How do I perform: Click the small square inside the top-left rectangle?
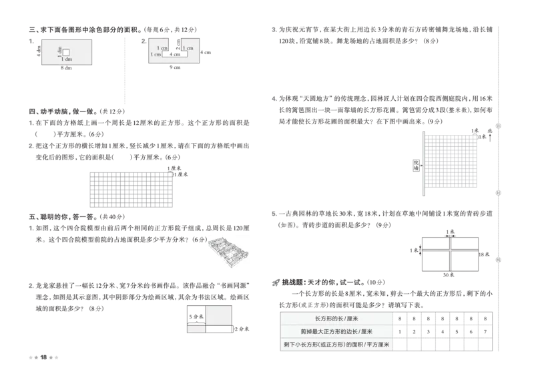(66, 52)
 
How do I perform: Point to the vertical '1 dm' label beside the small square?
(60, 51)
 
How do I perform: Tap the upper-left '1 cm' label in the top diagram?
(162, 48)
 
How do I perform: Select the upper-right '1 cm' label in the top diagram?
(187, 48)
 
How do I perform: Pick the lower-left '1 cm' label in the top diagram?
(156, 55)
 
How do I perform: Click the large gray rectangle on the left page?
(131, 190)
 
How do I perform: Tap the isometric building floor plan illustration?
(227, 253)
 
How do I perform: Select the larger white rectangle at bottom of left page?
(219, 315)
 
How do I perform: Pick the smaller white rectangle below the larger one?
(198, 329)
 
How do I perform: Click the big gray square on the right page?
(453, 163)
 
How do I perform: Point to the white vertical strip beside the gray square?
(425, 163)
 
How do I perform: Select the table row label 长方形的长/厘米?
(336, 319)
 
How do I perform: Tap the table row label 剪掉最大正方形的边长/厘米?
(336, 331)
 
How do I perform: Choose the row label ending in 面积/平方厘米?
(336, 345)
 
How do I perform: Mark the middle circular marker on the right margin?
(496, 192)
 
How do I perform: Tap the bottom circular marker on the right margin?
(496, 259)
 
